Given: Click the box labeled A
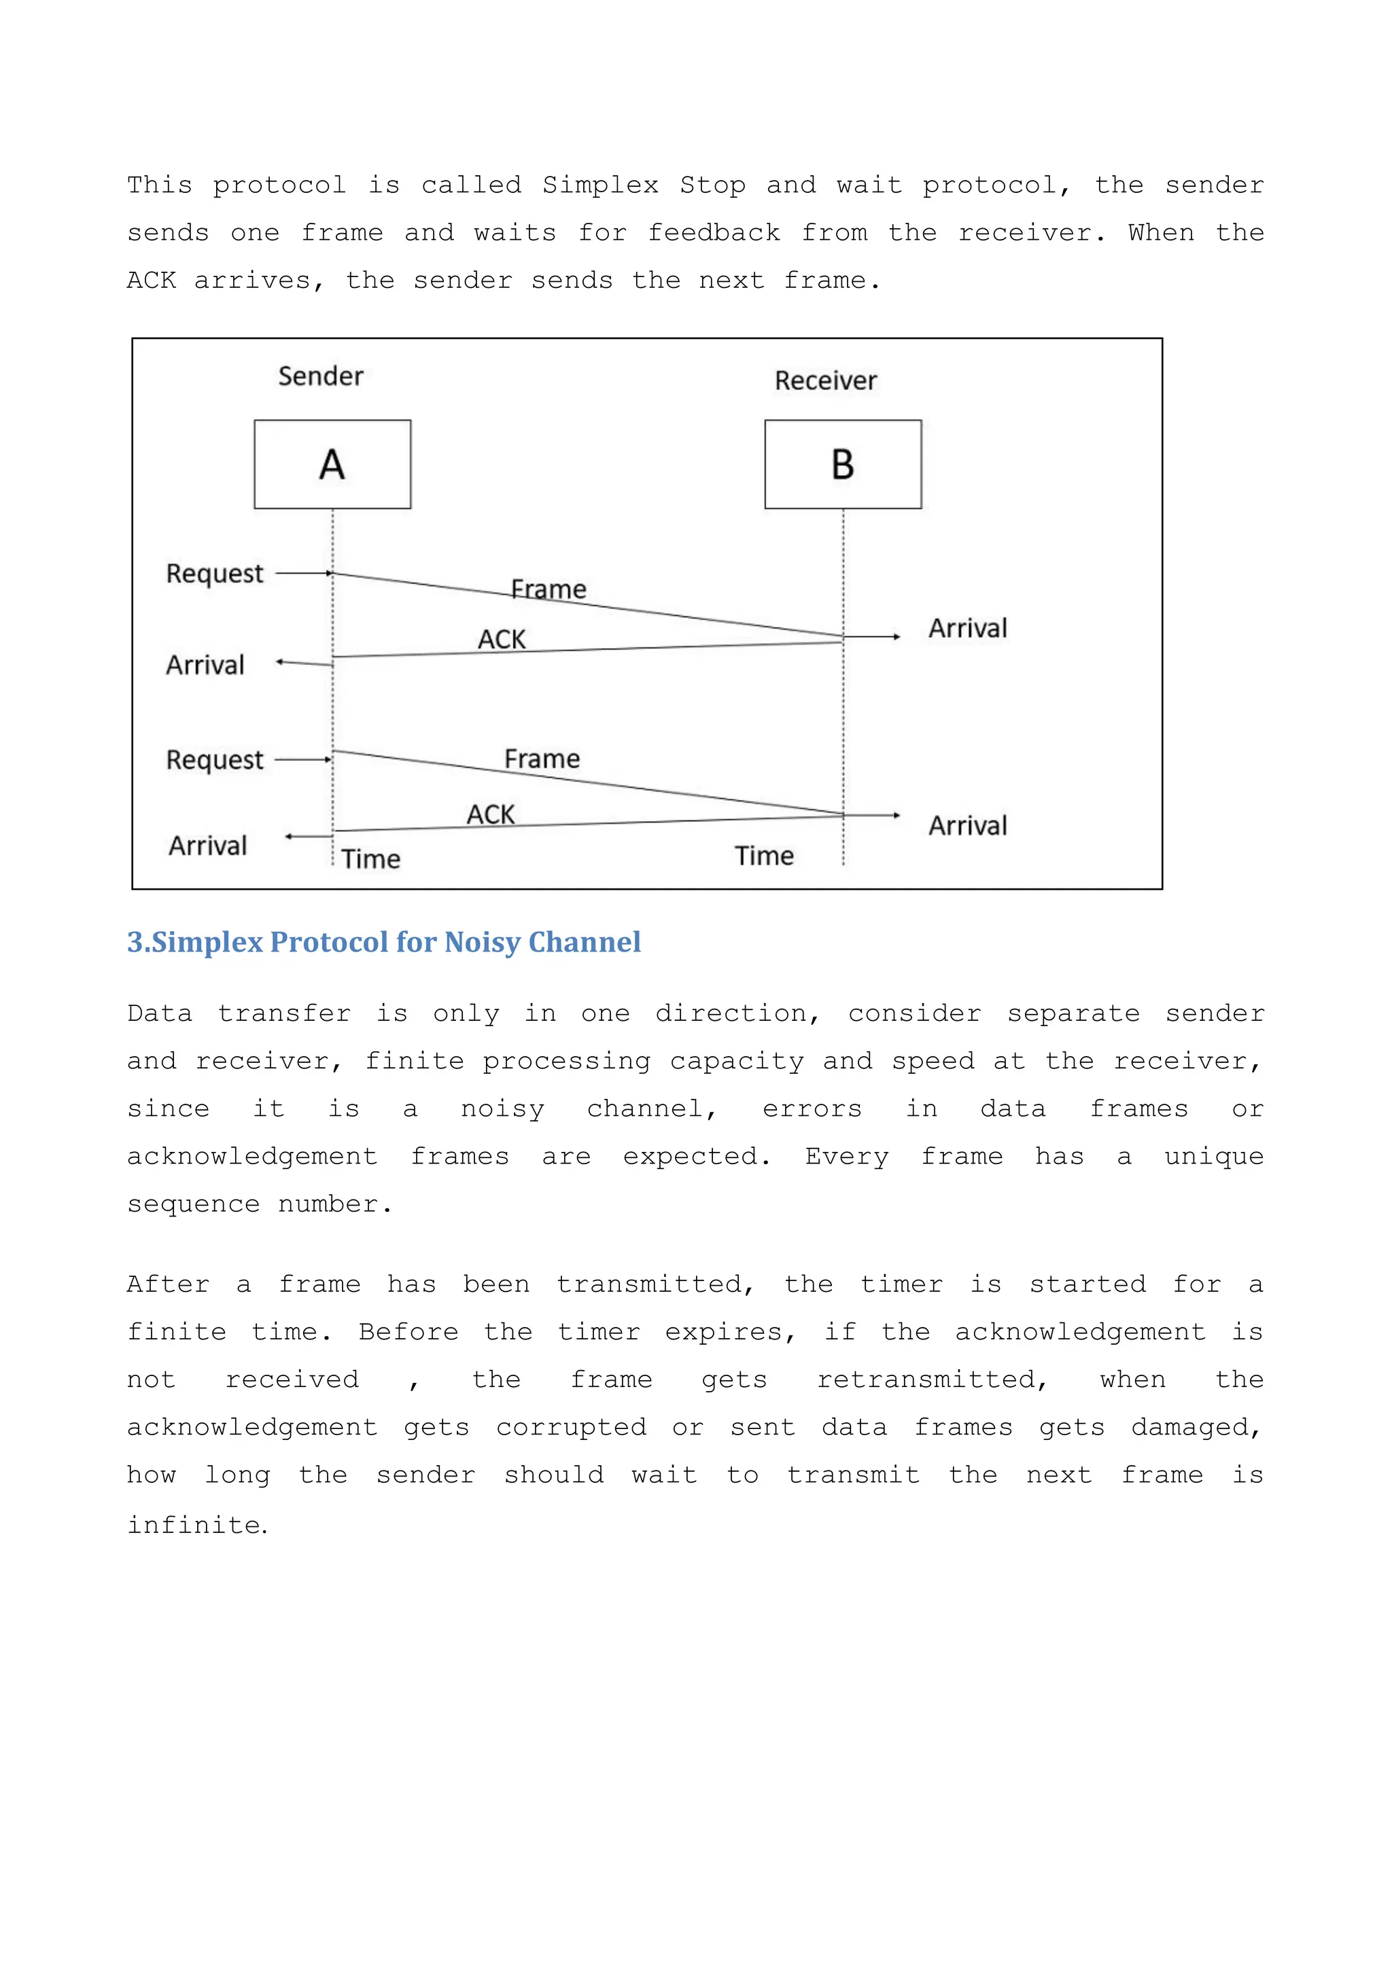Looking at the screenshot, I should [332, 465].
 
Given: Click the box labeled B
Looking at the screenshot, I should [843, 465].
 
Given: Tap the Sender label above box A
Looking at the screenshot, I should [321, 376].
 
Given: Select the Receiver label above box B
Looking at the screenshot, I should [825, 380].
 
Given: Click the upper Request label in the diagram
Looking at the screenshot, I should [214, 573].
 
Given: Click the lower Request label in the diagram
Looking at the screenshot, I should [214, 760].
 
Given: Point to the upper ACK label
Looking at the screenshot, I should [502, 639].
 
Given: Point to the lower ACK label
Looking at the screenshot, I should [490, 814].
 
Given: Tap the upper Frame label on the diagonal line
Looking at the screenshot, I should [549, 590].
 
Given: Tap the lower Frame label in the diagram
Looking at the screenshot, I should [542, 759].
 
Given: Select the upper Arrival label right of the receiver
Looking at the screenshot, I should [968, 628].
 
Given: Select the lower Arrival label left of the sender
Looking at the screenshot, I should [207, 846].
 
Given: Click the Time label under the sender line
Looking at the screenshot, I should [370, 859].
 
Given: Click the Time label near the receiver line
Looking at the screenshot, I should [764, 856].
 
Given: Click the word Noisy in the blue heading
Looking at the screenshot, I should [482, 942].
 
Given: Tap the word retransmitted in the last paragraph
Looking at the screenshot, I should [932, 1379].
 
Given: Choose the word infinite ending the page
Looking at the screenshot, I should [196, 1524].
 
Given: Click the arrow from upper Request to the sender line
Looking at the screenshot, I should [303, 573].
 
